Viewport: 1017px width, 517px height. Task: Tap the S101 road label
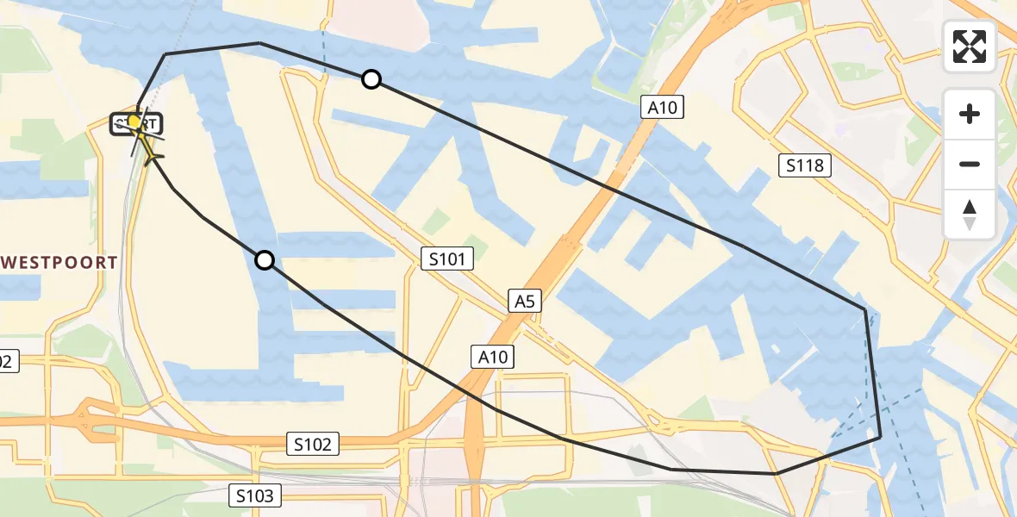pos(446,257)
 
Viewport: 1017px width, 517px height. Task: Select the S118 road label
pos(806,165)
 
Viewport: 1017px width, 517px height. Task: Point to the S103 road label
pos(255,495)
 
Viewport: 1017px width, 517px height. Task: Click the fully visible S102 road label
pos(312,445)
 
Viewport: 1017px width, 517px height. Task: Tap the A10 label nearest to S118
pos(662,107)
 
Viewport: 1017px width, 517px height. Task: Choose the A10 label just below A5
pos(492,356)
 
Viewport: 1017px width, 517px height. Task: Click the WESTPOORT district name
pos(59,263)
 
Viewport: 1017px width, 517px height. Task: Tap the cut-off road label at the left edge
pos(7,361)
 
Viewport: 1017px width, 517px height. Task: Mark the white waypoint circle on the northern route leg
pos(371,79)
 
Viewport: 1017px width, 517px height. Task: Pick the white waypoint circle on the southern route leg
pos(265,259)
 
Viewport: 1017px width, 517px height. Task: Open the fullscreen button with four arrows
pos(970,47)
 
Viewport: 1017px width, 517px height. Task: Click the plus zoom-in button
pos(970,114)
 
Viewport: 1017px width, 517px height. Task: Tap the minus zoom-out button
pos(970,164)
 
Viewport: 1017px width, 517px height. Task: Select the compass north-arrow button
pos(970,214)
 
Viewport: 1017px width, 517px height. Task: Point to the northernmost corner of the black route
pos(259,42)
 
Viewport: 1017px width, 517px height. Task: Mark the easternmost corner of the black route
pos(880,438)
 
